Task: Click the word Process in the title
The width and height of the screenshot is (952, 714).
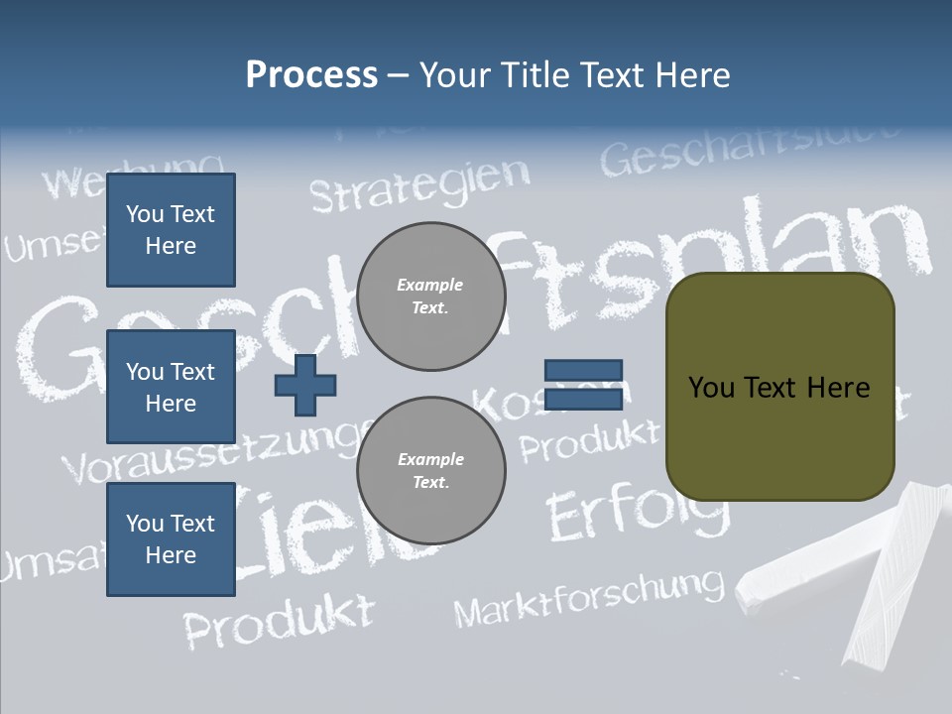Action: click(x=311, y=75)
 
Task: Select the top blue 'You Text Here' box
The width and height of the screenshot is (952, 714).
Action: click(x=171, y=230)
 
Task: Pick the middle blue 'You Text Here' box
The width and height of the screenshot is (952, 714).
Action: click(x=171, y=387)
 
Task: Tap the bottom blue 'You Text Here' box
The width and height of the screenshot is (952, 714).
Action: click(x=171, y=539)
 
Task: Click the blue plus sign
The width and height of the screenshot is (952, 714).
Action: click(x=305, y=385)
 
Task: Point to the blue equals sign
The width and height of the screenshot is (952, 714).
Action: click(x=583, y=385)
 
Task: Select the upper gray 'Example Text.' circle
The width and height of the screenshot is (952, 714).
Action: click(x=430, y=297)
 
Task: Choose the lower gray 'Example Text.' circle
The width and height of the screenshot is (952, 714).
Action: click(x=430, y=471)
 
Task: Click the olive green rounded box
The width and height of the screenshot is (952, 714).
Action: click(x=779, y=387)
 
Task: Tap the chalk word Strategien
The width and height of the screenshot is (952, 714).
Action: click(x=420, y=184)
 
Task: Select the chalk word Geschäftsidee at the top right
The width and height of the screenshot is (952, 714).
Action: click(x=750, y=149)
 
